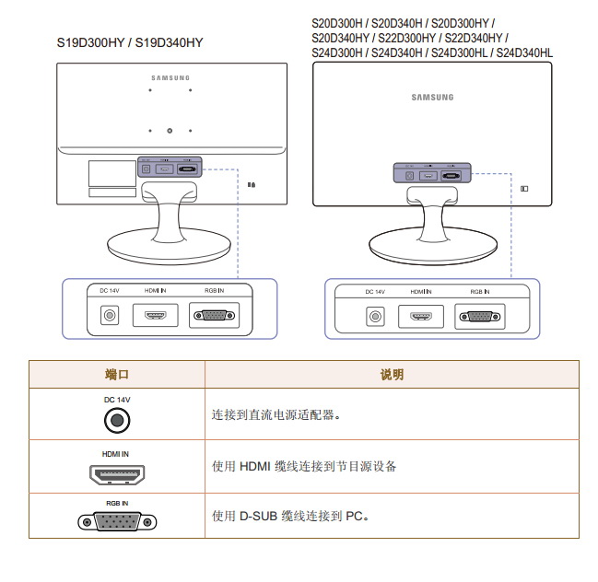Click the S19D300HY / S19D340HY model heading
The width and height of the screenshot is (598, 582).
tap(130, 42)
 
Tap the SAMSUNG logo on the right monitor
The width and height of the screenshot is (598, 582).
tap(432, 97)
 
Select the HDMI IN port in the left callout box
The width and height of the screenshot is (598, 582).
tap(156, 316)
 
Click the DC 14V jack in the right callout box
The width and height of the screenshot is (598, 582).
tap(375, 317)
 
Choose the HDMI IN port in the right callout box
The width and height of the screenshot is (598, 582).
tap(421, 317)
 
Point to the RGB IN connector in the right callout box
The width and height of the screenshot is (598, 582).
tap(479, 317)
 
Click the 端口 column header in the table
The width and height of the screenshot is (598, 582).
tap(117, 375)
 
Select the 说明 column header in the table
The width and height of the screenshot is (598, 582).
tap(392, 375)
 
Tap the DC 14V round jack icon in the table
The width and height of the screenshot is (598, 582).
tap(117, 421)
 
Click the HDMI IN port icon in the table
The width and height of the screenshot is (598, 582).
tap(117, 475)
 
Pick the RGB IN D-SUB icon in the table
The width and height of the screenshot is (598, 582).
tap(117, 521)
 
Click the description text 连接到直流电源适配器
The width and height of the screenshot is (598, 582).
tap(277, 415)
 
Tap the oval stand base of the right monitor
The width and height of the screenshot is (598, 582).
tap(428, 244)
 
